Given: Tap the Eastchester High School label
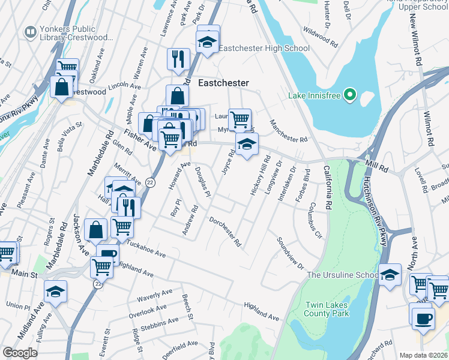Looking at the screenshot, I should [x=264, y=49].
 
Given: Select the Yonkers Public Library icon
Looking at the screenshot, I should [x=29, y=31].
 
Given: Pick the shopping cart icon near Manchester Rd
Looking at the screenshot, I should [x=240, y=119].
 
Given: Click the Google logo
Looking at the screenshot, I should [x=20, y=353].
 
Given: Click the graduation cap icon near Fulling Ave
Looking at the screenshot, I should [x=56, y=292].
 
